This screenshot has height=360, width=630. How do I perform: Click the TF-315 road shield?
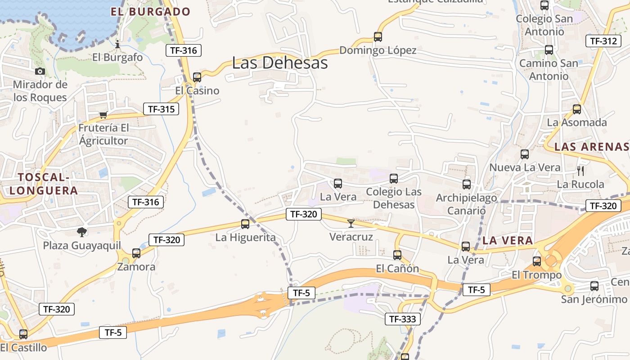pyautogui.click(x=161, y=109)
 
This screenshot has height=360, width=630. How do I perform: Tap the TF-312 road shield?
pyautogui.click(x=603, y=41)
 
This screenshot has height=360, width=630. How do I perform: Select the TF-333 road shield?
pyautogui.click(x=402, y=319)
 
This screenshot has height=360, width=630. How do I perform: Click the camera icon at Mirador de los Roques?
pyautogui.click(x=40, y=71)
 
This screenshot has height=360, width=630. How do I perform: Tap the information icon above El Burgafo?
pyautogui.click(x=117, y=44)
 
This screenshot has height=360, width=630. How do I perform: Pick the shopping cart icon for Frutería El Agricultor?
pyautogui.click(x=103, y=115)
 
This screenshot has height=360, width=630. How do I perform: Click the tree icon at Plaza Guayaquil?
pyautogui.click(x=81, y=232)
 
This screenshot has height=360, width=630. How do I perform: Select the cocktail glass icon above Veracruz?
pyautogui.click(x=351, y=223)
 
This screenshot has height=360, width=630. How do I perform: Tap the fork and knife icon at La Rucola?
pyautogui.click(x=580, y=171)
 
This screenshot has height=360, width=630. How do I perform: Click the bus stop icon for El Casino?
pyautogui.click(x=197, y=77)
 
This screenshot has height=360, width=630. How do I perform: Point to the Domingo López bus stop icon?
pyautogui.click(x=378, y=37)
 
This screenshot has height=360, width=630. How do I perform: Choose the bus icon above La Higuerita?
pyautogui.click(x=245, y=224)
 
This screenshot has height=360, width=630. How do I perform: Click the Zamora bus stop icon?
pyautogui.click(x=136, y=253)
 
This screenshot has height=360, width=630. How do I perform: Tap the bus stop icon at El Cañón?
pyautogui.click(x=397, y=255)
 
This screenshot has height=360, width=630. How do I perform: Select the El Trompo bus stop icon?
pyautogui.click(x=537, y=261)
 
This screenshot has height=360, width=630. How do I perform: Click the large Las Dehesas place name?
pyautogui.click(x=279, y=63)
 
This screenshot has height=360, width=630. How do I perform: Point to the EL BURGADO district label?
pyautogui.click(x=150, y=12)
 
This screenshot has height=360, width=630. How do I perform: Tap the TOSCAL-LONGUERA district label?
pyautogui.click(x=44, y=184)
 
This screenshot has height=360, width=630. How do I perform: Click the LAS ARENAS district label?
pyautogui.click(x=591, y=147)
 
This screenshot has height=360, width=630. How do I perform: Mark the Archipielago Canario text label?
pyautogui.click(x=467, y=204)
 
